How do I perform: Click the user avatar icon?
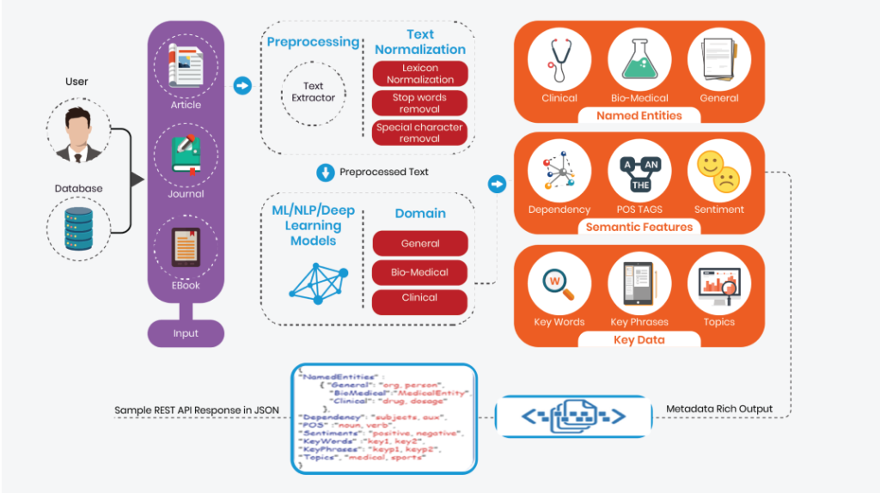(77, 131)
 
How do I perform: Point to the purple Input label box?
(186, 333)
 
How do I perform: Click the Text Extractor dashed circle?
(314, 92)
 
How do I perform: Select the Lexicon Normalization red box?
(420, 74)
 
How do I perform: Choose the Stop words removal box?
(420, 103)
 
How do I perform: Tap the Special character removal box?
(420, 132)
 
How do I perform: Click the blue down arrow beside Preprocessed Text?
(326, 172)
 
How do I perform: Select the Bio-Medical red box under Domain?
(420, 272)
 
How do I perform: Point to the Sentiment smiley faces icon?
(718, 170)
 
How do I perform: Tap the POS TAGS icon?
(639, 170)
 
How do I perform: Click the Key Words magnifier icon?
(559, 283)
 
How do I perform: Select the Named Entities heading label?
(639, 115)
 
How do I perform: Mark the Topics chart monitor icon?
(718, 283)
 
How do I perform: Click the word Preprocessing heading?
(313, 42)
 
